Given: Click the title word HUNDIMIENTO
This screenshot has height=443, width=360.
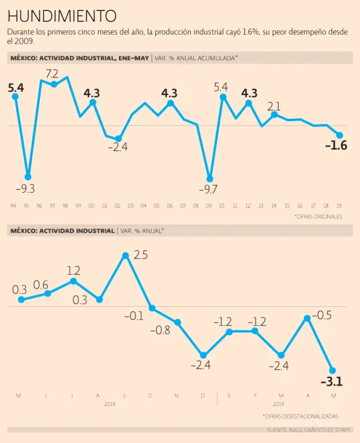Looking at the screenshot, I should point(62,16).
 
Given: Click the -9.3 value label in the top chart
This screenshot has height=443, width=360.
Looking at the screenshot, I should point(24,189).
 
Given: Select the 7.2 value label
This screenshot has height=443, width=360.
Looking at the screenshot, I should point(52,73).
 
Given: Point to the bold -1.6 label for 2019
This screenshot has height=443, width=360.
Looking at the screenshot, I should point(336,146).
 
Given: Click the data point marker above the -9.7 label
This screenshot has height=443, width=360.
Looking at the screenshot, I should point(209,178).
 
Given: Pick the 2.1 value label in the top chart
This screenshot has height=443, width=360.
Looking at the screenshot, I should point(274,106).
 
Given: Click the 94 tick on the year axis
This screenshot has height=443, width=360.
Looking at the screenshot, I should point(13,206).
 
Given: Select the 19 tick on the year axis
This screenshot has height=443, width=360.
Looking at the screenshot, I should point(339,206).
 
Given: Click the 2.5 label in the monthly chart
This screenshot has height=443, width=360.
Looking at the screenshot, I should point(141,255).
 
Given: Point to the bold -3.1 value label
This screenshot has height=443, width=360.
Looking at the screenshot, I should point(331,381).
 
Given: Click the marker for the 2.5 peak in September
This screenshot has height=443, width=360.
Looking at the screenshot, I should point(125,255).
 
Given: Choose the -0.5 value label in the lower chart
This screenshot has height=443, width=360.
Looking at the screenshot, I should point(321,316).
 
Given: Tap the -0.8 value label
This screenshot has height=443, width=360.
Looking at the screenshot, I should point(160,331).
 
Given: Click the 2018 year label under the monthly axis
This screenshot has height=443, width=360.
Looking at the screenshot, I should point(110,404).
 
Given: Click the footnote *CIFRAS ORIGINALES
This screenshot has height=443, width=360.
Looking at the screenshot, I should point(318,217).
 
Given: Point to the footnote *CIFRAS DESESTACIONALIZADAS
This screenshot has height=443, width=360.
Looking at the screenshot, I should point(301,416).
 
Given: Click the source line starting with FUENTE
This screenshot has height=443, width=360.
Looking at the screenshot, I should point(309,430).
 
